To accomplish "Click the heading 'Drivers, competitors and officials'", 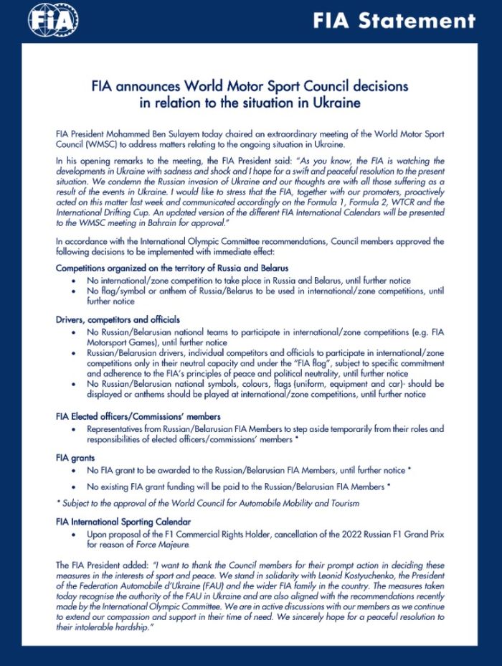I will point(118,319).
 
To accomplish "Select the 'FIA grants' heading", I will point(76,456).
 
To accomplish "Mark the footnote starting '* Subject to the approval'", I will point(207,503).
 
